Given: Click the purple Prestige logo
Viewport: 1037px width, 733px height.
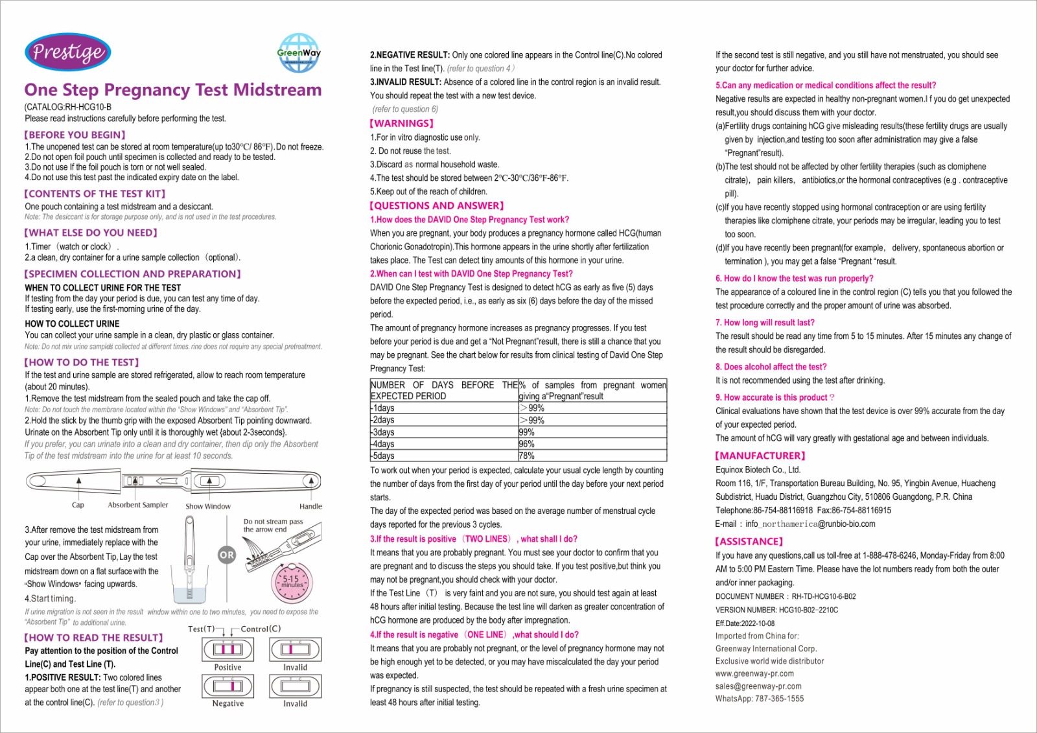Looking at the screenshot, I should (67, 52).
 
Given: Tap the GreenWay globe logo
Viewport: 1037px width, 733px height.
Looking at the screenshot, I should (299, 53).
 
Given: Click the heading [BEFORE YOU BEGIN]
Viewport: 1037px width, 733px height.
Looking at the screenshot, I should (75, 135).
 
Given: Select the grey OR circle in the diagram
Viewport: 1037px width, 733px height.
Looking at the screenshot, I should (227, 555).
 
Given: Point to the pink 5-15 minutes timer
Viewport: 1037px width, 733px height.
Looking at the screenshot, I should (292, 580).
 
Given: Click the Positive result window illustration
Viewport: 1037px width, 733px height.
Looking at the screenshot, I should (227, 649).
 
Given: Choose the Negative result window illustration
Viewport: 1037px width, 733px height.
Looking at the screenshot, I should (227, 686).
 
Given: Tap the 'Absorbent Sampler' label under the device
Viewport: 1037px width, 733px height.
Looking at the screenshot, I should (138, 505).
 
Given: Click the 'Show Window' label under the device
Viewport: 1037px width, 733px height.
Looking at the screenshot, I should (208, 506).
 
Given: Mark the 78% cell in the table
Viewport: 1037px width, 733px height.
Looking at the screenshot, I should (527, 456).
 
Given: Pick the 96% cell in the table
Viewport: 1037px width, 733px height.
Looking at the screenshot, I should (527, 444).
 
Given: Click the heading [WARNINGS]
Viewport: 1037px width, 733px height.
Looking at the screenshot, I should (401, 123).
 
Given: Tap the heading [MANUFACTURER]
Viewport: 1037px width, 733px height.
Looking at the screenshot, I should (760, 456).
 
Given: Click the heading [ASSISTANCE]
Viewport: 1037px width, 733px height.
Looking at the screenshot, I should (749, 541).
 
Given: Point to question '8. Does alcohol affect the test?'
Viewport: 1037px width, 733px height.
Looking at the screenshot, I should (771, 367).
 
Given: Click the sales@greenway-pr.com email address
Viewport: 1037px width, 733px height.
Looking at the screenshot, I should (758, 686).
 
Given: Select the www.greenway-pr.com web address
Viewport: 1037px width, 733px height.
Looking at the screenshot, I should (754, 673).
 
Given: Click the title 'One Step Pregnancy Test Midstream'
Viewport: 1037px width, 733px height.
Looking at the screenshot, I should (173, 89).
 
